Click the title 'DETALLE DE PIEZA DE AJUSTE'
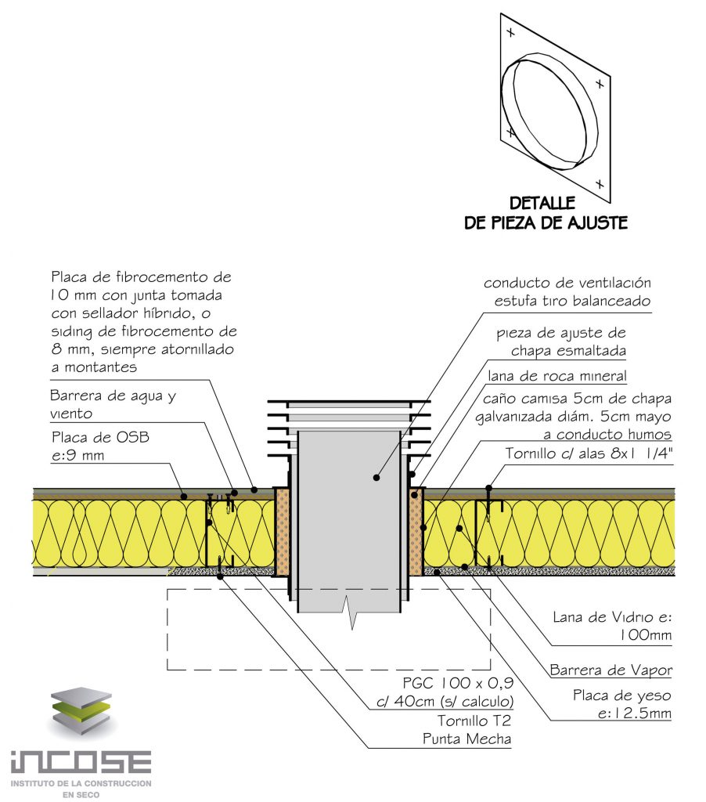546,213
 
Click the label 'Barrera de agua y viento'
113,404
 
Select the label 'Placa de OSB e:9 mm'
99,446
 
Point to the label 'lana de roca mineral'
557,376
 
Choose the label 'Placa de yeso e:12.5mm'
621,704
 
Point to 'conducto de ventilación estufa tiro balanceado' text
567,291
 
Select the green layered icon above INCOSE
82,713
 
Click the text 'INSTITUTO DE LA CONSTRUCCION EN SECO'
81,788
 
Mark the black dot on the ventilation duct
376,476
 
